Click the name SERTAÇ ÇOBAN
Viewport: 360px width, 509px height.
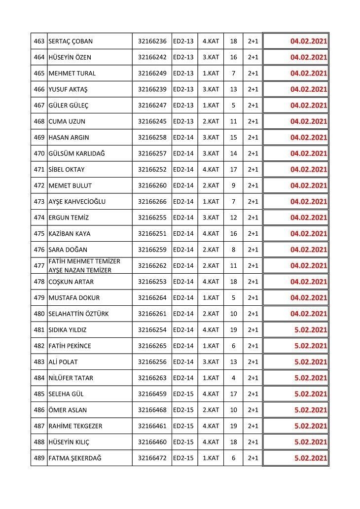[71, 41]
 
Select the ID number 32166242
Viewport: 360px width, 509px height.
[152, 57]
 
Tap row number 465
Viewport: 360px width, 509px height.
[39, 73]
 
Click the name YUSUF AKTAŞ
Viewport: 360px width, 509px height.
[68, 89]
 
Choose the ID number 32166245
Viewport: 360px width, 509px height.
[152, 121]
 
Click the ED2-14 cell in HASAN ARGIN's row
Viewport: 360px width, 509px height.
[183, 138]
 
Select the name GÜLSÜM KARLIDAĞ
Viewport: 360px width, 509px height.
[76, 153]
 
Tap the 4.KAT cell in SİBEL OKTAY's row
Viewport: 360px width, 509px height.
[211, 170]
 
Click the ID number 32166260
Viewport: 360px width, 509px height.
[152, 185]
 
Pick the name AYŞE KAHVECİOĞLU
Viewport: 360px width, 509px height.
[77, 202]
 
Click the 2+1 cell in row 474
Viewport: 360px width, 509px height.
[253, 218]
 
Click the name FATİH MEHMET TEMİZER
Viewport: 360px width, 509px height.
[84, 261]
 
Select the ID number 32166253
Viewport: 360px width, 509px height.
[152, 282]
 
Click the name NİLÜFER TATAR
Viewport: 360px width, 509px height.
[71, 378]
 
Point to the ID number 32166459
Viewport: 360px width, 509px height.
[152, 394]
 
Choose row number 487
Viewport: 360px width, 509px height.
[39, 426]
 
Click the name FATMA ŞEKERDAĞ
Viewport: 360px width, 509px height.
[75, 458]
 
